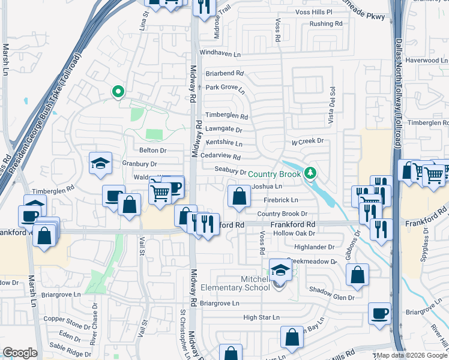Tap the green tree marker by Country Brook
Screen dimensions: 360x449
tap(310, 173)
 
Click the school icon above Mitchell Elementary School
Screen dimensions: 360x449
tap(280, 270)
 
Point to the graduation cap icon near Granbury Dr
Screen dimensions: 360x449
tap(100, 163)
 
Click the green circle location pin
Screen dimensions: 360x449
tap(118, 92)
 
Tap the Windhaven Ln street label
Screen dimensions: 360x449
tap(220, 53)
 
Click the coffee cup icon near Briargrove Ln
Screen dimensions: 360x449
tap(380, 313)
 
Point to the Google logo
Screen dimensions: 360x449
tap(20, 353)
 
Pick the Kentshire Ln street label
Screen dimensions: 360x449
tap(224, 143)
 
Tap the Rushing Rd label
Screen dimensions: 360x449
tap(325, 24)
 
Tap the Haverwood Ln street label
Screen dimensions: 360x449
tap(426, 60)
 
